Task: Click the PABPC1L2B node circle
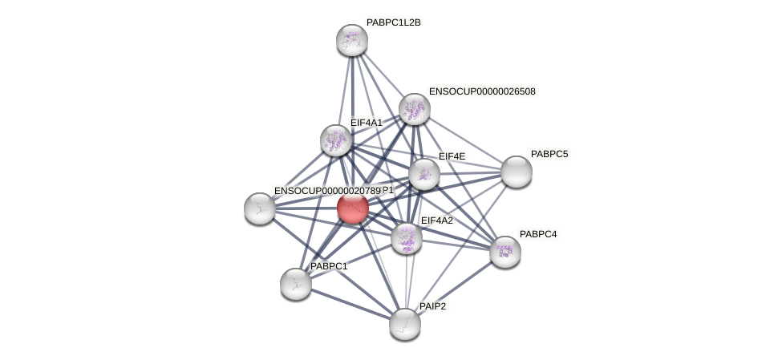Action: (x=351, y=40)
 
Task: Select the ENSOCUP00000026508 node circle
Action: (x=414, y=109)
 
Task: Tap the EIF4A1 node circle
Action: (x=336, y=140)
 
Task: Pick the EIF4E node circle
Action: (x=423, y=174)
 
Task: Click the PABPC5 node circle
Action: (x=516, y=172)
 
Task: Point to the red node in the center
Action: (x=353, y=208)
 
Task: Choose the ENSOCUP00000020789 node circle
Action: (x=260, y=208)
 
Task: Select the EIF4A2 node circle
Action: (x=407, y=237)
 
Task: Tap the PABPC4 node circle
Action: (x=504, y=252)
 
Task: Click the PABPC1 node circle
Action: (x=296, y=284)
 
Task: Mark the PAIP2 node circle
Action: (x=405, y=324)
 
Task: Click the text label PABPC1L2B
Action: (x=393, y=22)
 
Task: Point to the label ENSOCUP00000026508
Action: (x=481, y=91)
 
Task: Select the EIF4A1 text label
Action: (x=367, y=123)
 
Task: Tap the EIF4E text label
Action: (x=451, y=156)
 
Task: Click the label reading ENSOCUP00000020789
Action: (x=326, y=191)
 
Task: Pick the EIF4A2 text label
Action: (x=436, y=220)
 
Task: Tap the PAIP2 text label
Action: (x=432, y=306)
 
